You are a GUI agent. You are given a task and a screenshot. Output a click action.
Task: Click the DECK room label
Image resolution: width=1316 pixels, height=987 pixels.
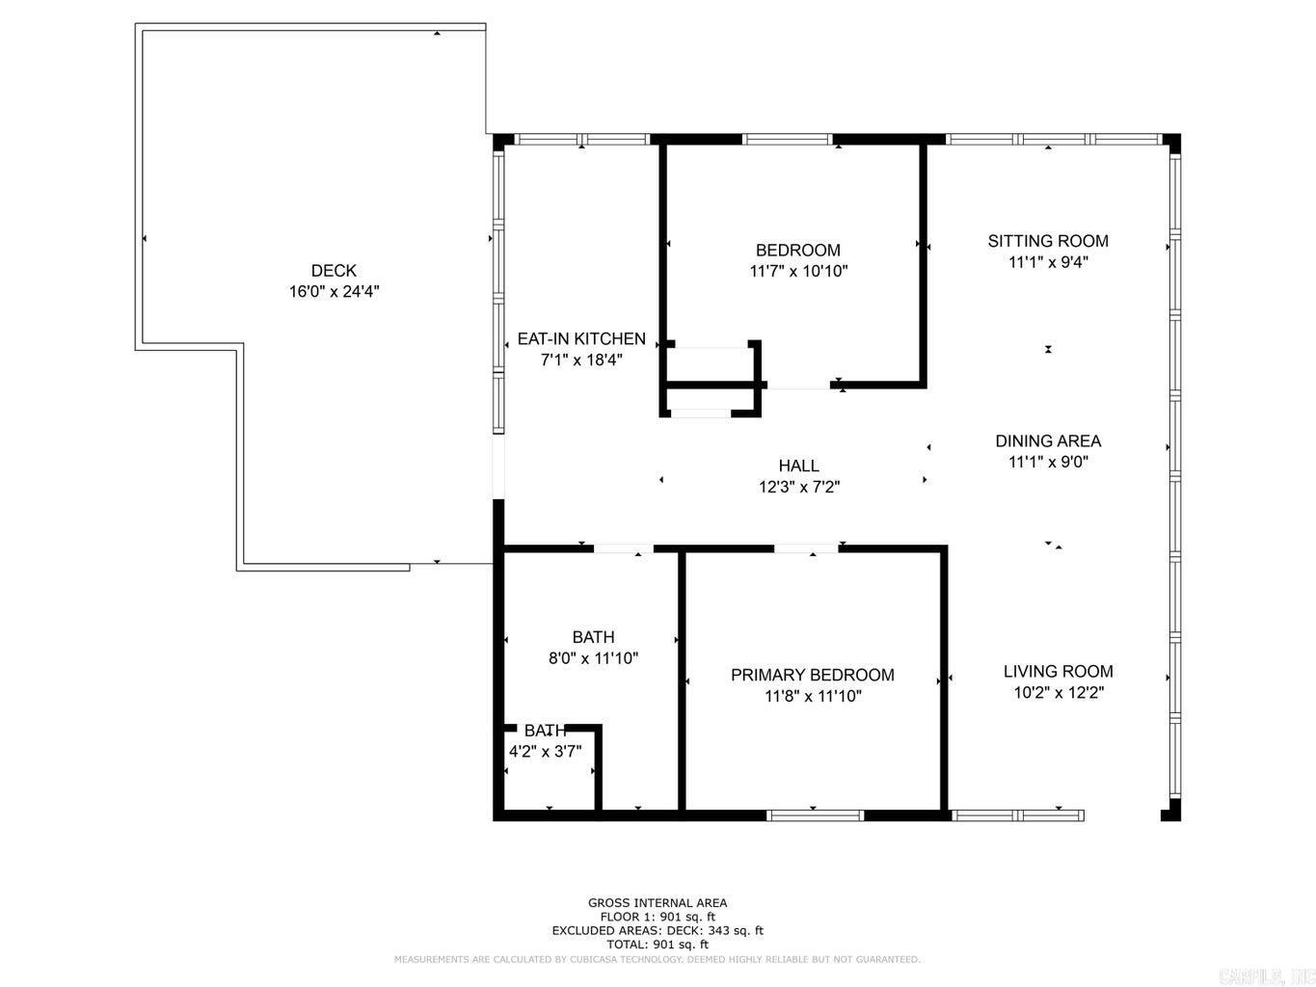pos(334,271)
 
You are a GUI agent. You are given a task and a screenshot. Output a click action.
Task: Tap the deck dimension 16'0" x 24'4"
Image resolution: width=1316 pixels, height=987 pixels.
pos(334,292)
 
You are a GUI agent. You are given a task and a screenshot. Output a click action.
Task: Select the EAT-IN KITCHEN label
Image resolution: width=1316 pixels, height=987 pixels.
pos(581,339)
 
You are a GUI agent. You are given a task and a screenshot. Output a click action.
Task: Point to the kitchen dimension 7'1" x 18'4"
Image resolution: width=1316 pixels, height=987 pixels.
pos(581,360)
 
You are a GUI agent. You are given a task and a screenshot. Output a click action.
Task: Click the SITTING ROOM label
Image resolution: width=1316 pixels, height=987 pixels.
pos(1048,241)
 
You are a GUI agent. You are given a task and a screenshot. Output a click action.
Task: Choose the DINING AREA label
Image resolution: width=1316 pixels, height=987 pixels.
pos(1048,441)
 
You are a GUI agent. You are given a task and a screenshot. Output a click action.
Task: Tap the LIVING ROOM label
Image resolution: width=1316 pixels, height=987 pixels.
pos(1058,672)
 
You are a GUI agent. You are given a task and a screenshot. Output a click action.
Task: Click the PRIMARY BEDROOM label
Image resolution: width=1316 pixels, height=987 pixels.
pos(812,676)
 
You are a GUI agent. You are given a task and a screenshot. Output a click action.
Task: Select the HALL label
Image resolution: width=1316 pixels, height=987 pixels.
pos(798,467)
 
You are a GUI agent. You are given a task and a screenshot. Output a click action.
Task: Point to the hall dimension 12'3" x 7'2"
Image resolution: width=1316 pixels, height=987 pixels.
pos(798,488)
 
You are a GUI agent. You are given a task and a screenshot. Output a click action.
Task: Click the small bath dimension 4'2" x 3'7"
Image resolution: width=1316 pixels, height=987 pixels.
pos(545,752)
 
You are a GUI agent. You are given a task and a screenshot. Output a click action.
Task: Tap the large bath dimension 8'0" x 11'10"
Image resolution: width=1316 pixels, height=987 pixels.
pos(593,658)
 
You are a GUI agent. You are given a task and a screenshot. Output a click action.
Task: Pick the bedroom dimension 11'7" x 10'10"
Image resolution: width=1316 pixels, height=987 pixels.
pos(798,272)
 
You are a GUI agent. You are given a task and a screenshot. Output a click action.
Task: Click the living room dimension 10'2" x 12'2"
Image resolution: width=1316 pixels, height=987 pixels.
pos(1058,693)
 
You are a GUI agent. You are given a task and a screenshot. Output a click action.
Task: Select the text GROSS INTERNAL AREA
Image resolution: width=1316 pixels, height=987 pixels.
pos(658,903)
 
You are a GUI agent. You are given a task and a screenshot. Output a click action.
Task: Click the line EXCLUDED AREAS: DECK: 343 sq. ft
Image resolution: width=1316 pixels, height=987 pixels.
pos(658,931)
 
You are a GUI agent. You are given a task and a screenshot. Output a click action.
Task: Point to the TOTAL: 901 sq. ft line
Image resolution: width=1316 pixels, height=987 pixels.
pos(658,945)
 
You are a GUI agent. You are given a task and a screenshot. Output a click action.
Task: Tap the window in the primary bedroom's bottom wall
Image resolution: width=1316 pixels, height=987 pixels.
pos(815,815)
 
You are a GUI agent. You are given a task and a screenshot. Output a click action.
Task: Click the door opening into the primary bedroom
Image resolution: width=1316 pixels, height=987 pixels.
pos(806,548)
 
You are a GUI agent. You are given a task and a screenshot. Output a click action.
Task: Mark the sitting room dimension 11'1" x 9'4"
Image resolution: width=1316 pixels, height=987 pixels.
pos(1048,262)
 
